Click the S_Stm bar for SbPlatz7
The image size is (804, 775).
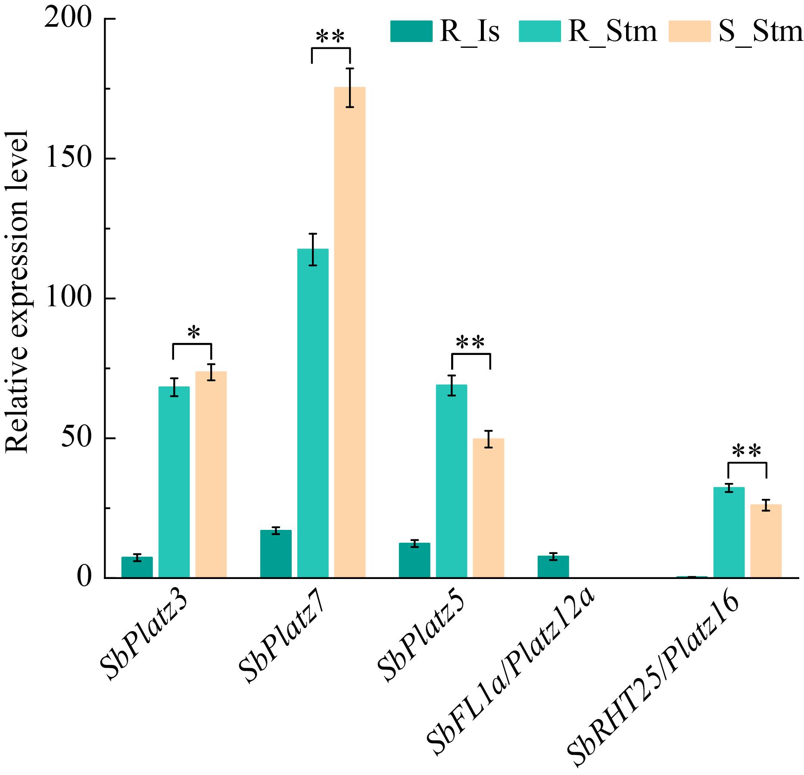point(349,332)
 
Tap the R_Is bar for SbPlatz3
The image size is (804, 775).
point(137,567)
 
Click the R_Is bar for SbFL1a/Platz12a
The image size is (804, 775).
point(553,566)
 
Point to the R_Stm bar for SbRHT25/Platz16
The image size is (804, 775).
point(729,532)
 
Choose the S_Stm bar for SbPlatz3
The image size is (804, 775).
point(211,474)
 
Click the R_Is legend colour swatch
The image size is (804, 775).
point(411,31)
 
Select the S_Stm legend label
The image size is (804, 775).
point(760,32)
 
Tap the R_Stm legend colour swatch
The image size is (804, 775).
point(539,31)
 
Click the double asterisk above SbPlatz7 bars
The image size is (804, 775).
point(330,37)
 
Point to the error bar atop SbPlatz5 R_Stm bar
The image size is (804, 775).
point(452,385)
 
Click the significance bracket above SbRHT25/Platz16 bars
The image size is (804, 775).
point(747,463)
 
